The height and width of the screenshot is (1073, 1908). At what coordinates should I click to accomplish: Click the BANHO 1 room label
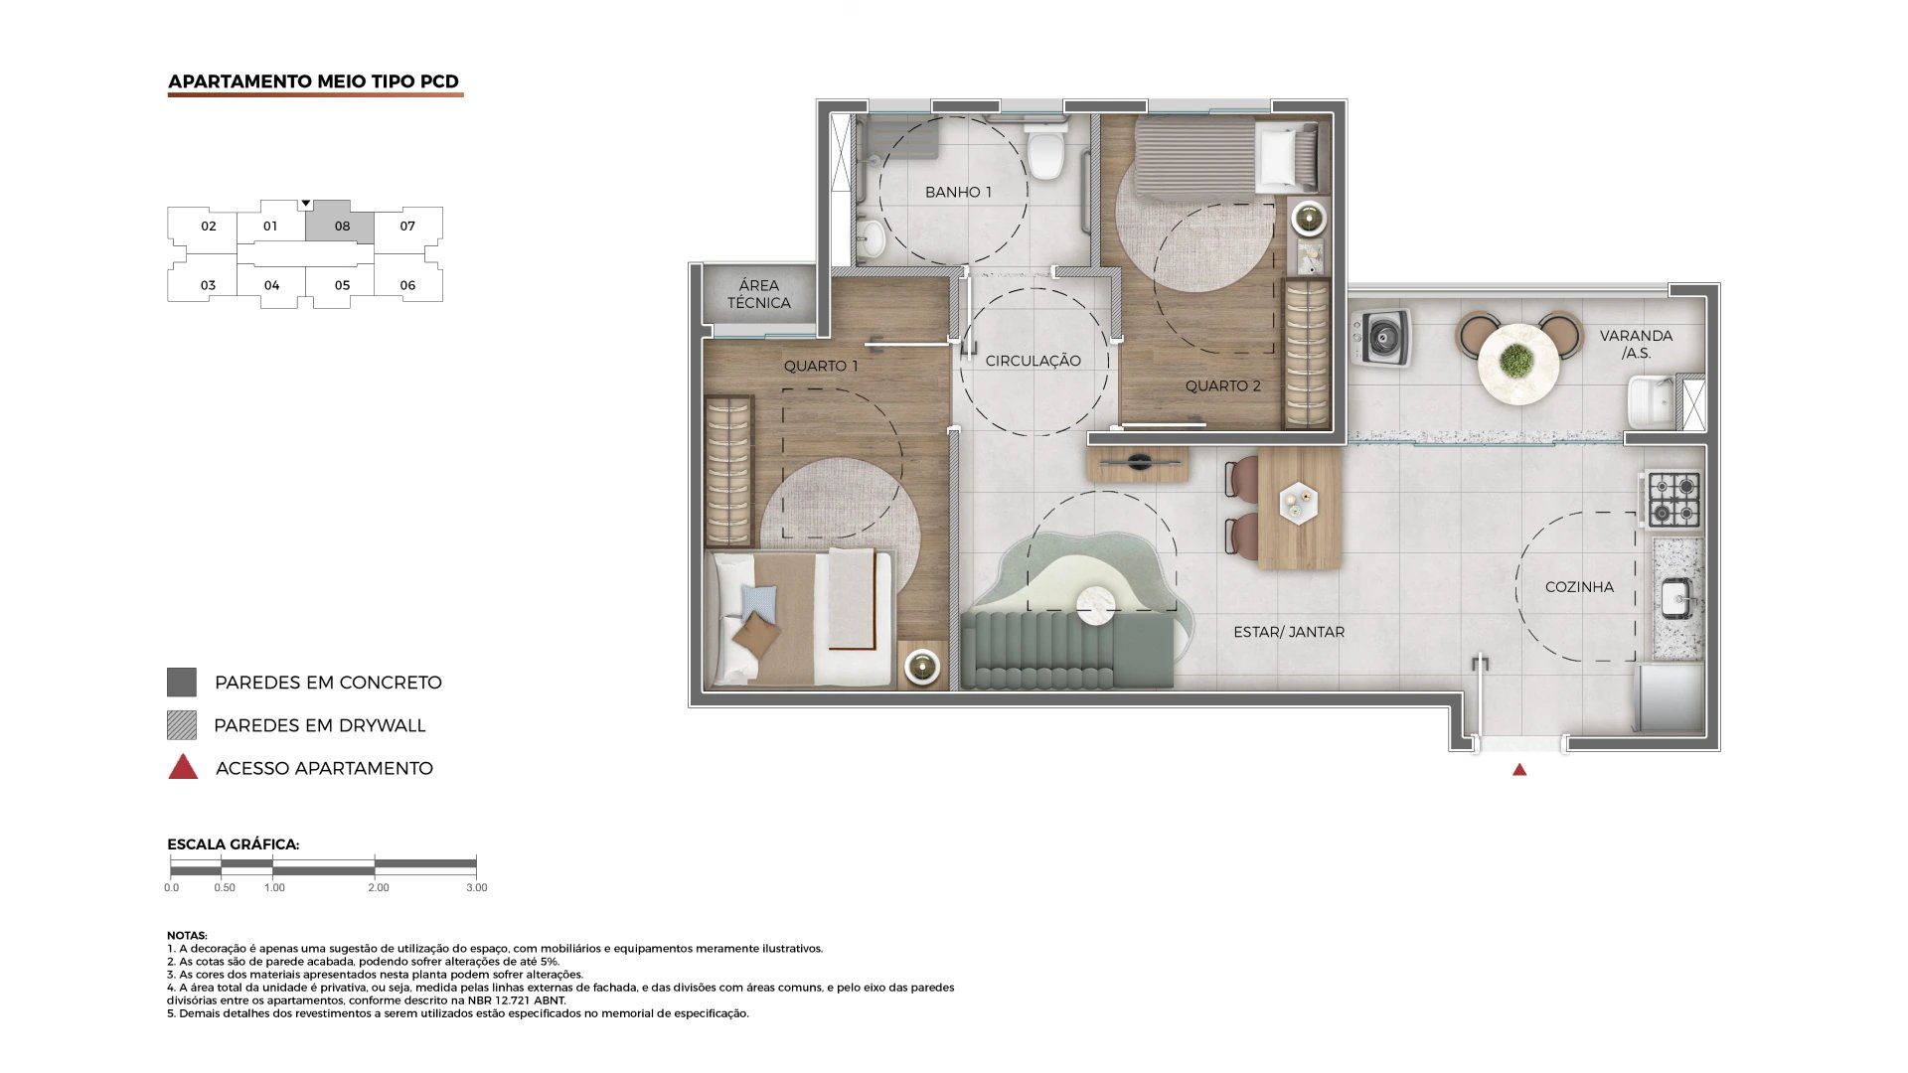point(958,192)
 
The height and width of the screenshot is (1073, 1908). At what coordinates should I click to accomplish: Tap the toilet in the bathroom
point(1045,154)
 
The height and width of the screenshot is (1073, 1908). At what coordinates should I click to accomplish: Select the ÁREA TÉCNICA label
point(758,294)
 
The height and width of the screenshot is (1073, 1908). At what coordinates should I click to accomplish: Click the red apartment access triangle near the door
point(1519,770)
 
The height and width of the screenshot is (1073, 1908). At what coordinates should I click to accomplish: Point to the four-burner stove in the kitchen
point(1674,500)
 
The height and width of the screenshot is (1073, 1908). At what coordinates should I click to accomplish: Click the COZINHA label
point(1579,587)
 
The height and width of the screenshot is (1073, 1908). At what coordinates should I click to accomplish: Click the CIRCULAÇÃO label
point(1033,362)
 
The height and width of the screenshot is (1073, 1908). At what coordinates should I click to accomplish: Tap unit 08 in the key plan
point(341,227)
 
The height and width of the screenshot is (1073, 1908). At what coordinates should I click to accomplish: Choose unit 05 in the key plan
point(342,285)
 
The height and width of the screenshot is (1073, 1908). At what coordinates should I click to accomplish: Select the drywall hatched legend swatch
point(182,725)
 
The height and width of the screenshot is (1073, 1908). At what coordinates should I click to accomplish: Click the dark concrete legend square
point(182,683)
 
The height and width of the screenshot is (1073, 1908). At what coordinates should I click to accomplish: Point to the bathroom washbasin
point(873,237)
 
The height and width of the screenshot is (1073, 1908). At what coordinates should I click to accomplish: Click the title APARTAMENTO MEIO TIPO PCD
point(313,81)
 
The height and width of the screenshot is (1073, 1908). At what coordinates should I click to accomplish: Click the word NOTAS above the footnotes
point(187,936)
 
